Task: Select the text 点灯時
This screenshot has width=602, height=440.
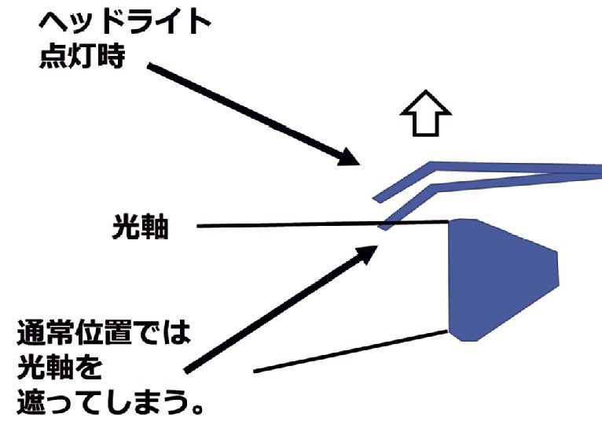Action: [x=83, y=58]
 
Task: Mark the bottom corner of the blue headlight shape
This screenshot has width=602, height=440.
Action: [x=468, y=341]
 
